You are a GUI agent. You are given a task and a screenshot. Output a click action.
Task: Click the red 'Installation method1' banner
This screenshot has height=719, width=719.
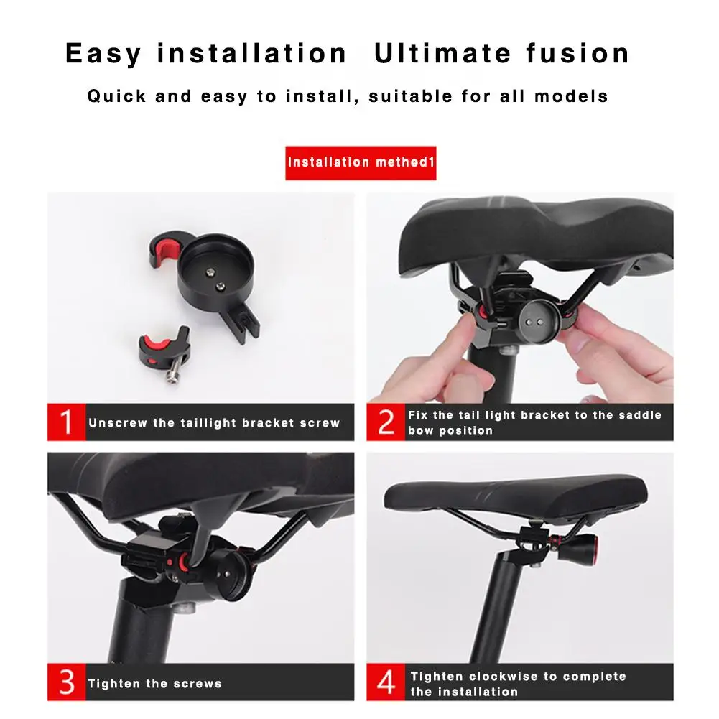pos(361,162)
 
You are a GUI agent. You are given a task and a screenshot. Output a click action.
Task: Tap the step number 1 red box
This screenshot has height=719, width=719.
pos(66,422)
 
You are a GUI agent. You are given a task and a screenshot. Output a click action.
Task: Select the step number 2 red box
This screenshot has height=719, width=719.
pos(386,422)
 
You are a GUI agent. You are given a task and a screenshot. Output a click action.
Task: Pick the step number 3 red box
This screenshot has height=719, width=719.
pos(66,682)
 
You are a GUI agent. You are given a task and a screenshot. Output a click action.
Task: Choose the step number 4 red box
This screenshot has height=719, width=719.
pos(386,682)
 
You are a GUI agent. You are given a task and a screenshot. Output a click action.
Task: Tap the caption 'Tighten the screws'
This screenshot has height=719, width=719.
pos(154,684)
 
